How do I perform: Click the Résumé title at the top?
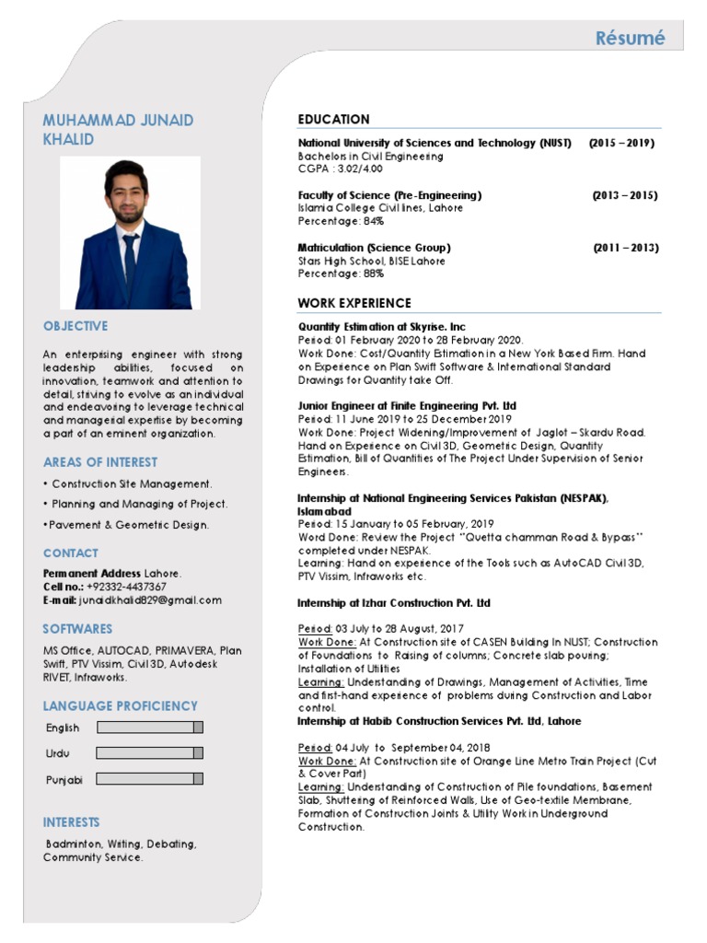pyautogui.click(x=629, y=38)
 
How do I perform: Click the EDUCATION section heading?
pyautogui.click(x=333, y=120)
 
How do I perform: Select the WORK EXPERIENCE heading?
pyautogui.click(x=354, y=303)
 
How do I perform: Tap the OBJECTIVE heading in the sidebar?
pyautogui.click(x=75, y=326)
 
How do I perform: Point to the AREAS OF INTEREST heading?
pyautogui.click(x=99, y=462)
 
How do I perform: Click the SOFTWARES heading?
pyautogui.click(x=77, y=629)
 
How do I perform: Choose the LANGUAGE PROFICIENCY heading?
pyautogui.click(x=120, y=706)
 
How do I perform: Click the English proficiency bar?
pyautogui.click(x=149, y=728)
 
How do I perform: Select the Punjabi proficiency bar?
pyautogui.click(x=149, y=779)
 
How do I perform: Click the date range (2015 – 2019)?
pyautogui.click(x=621, y=144)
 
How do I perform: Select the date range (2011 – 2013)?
pyautogui.click(x=625, y=248)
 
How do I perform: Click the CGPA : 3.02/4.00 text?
pyautogui.click(x=340, y=169)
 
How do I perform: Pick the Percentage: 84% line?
pyautogui.click(x=341, y=222)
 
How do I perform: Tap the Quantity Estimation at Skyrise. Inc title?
pyautogui.click(x=382, y=326)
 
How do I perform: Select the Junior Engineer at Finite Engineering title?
pyautogui.click(x=407, y=405)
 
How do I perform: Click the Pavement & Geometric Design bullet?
pyautogui.click(x=126, y=525)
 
